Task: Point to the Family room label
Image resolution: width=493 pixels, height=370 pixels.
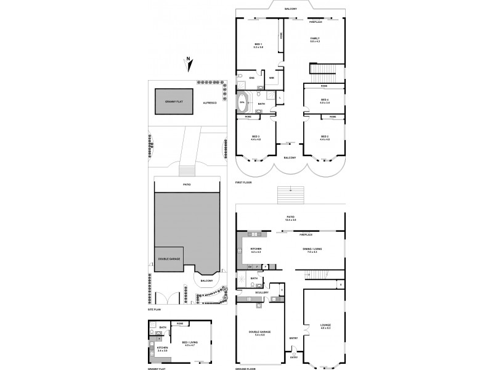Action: tap(314, 40)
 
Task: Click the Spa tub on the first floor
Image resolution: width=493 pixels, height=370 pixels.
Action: tap(242, 102)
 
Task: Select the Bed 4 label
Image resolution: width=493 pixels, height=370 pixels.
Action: tap(324, 101)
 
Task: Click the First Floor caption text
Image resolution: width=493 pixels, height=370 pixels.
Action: tap(243, 183)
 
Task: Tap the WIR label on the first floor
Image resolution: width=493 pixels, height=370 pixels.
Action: tap(272, 78)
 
